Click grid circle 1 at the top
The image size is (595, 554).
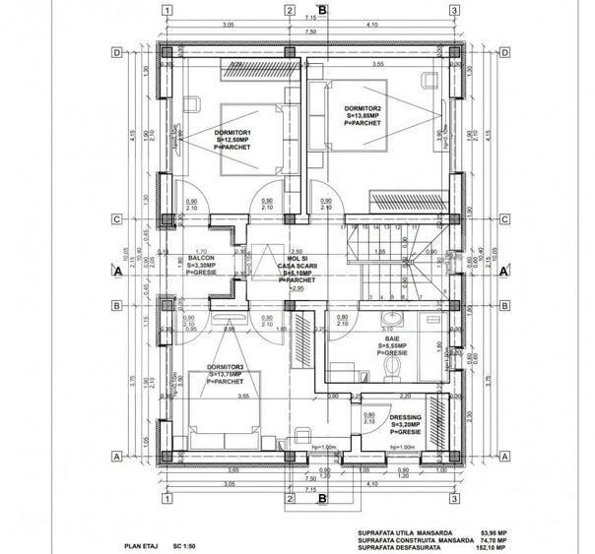pos(168,11)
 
